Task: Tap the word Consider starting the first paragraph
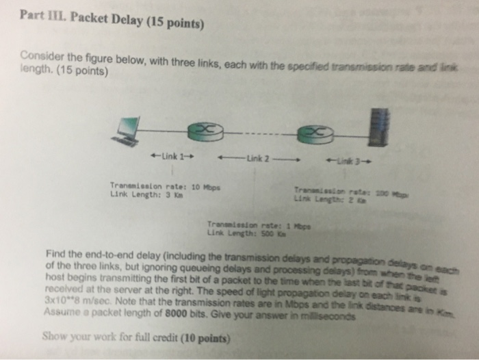point(42,55)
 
